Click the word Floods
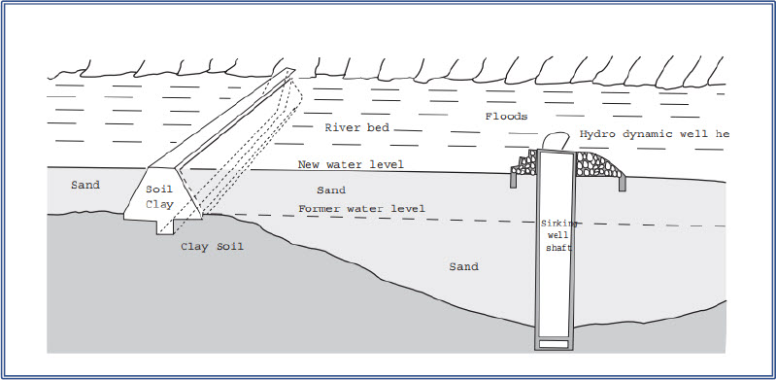[506, 117]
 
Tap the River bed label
[355, 128]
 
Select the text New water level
[351, 164]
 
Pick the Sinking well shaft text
[558, 234]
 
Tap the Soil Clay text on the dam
[159, 197]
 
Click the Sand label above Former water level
[332, 190]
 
